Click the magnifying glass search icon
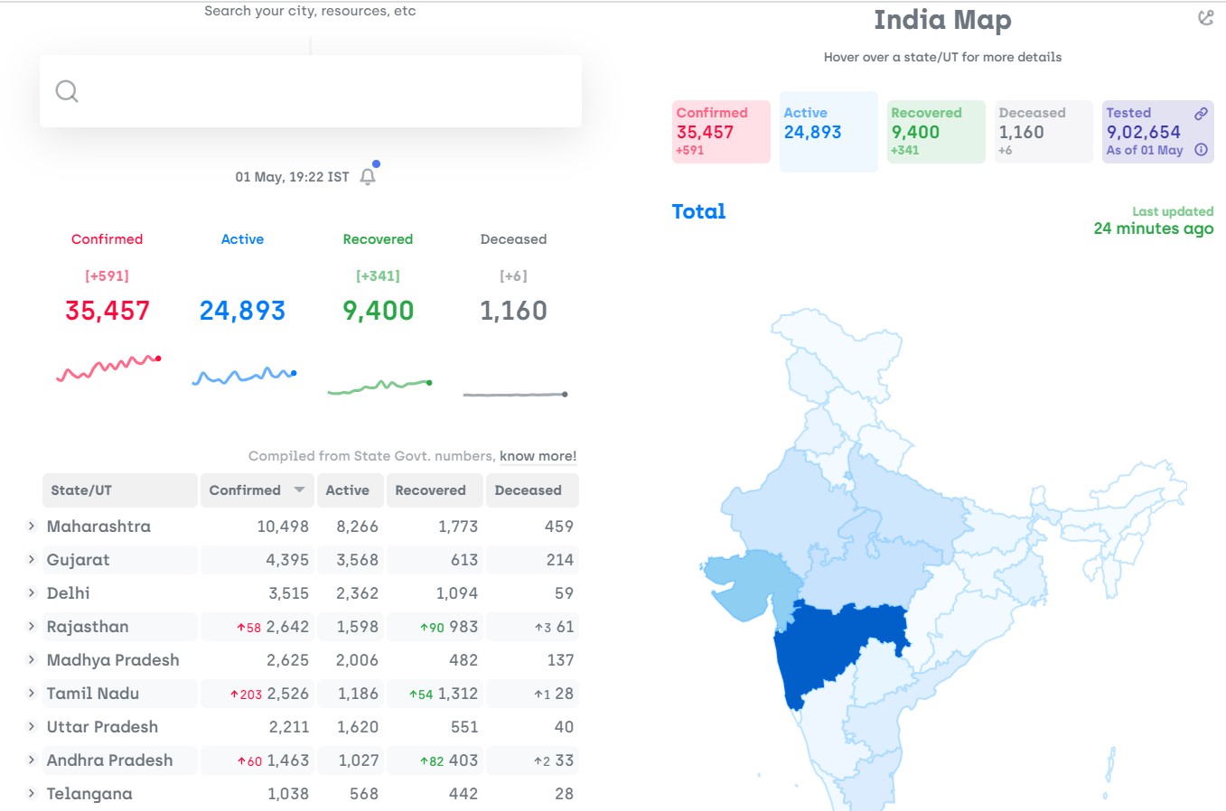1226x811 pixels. coord(67,91)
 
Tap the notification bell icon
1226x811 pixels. coord(368,177)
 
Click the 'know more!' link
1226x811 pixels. coord(538,456)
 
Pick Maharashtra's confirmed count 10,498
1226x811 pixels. coord(283,527)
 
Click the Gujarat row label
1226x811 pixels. coord(79,560)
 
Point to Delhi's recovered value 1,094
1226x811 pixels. coord(457,593)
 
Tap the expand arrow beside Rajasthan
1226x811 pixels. coord(32,626)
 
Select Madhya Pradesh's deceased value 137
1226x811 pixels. coord(560,660)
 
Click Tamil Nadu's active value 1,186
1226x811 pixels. coord(358,694)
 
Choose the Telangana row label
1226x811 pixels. coord(89,794)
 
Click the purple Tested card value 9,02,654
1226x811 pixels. coord(1144,132)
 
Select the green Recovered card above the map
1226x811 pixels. coord(936,131)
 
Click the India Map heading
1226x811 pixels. coord(942,20)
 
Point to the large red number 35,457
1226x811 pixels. coord(108,311)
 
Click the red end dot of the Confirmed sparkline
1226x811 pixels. coord(158,359)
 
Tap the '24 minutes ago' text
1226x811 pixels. coord(1153,228)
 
